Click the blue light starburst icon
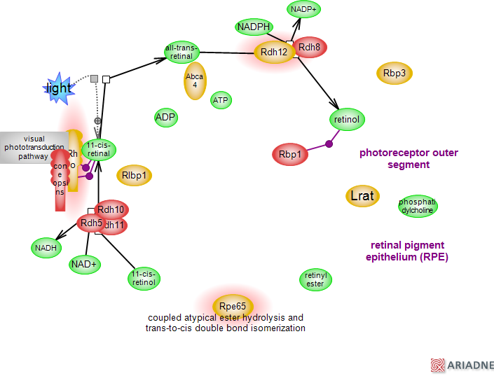coord(58,88)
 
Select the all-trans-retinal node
coord(182,53)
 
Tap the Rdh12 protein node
coord(274,52)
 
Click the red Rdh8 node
coord(310,48)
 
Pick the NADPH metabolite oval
coord(254,27)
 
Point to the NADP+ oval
coord(305,9)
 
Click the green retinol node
coord(347,120)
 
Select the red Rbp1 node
coord(289,154)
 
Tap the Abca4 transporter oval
coord(195,81)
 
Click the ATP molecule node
coord(221,100)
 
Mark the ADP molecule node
coord(165,117)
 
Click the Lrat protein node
coord(362,196)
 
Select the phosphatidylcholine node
coord(418,206)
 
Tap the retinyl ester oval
coord(315,280)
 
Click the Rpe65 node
coord(233,306)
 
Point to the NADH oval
coord(46,246)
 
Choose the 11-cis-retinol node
coord(144,278)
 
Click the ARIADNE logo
coord(462,365)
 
